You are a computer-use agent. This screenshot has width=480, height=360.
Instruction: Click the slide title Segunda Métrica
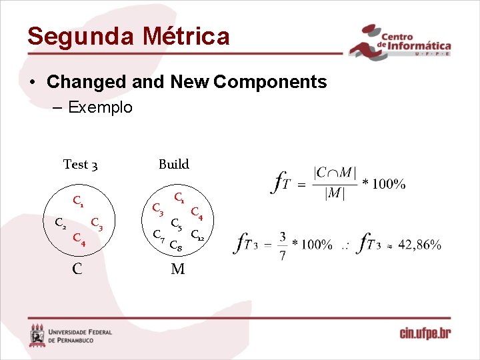(x=128, y=36)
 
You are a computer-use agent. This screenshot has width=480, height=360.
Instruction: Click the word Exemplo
(x=100, y=107)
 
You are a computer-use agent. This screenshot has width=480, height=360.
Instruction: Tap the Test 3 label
(x=81, y=164)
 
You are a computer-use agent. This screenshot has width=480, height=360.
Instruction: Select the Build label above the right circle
(x=173, y=164)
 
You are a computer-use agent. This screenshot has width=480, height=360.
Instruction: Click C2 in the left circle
(x=60, y=223)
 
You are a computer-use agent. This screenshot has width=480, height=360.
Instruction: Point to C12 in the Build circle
(x=198, y=235)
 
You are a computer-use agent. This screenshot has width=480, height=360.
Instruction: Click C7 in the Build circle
(x=159, y=235)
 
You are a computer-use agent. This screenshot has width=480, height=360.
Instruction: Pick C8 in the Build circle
(x=177, y=247)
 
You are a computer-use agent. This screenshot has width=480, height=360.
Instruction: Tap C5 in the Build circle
(x=177, y=224)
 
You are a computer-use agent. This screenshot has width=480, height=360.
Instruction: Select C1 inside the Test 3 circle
(x=79, y=200)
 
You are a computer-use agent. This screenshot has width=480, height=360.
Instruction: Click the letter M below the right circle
(x=177, y=269)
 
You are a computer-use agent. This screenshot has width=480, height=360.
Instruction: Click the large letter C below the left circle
(x=78, y=269)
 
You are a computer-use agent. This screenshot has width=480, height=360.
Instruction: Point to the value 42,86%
(x=419, y=245)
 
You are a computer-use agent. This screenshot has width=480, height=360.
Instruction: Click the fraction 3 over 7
(x=283, y=245)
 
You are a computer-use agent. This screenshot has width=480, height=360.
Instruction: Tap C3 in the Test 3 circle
(x=97, y=223)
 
